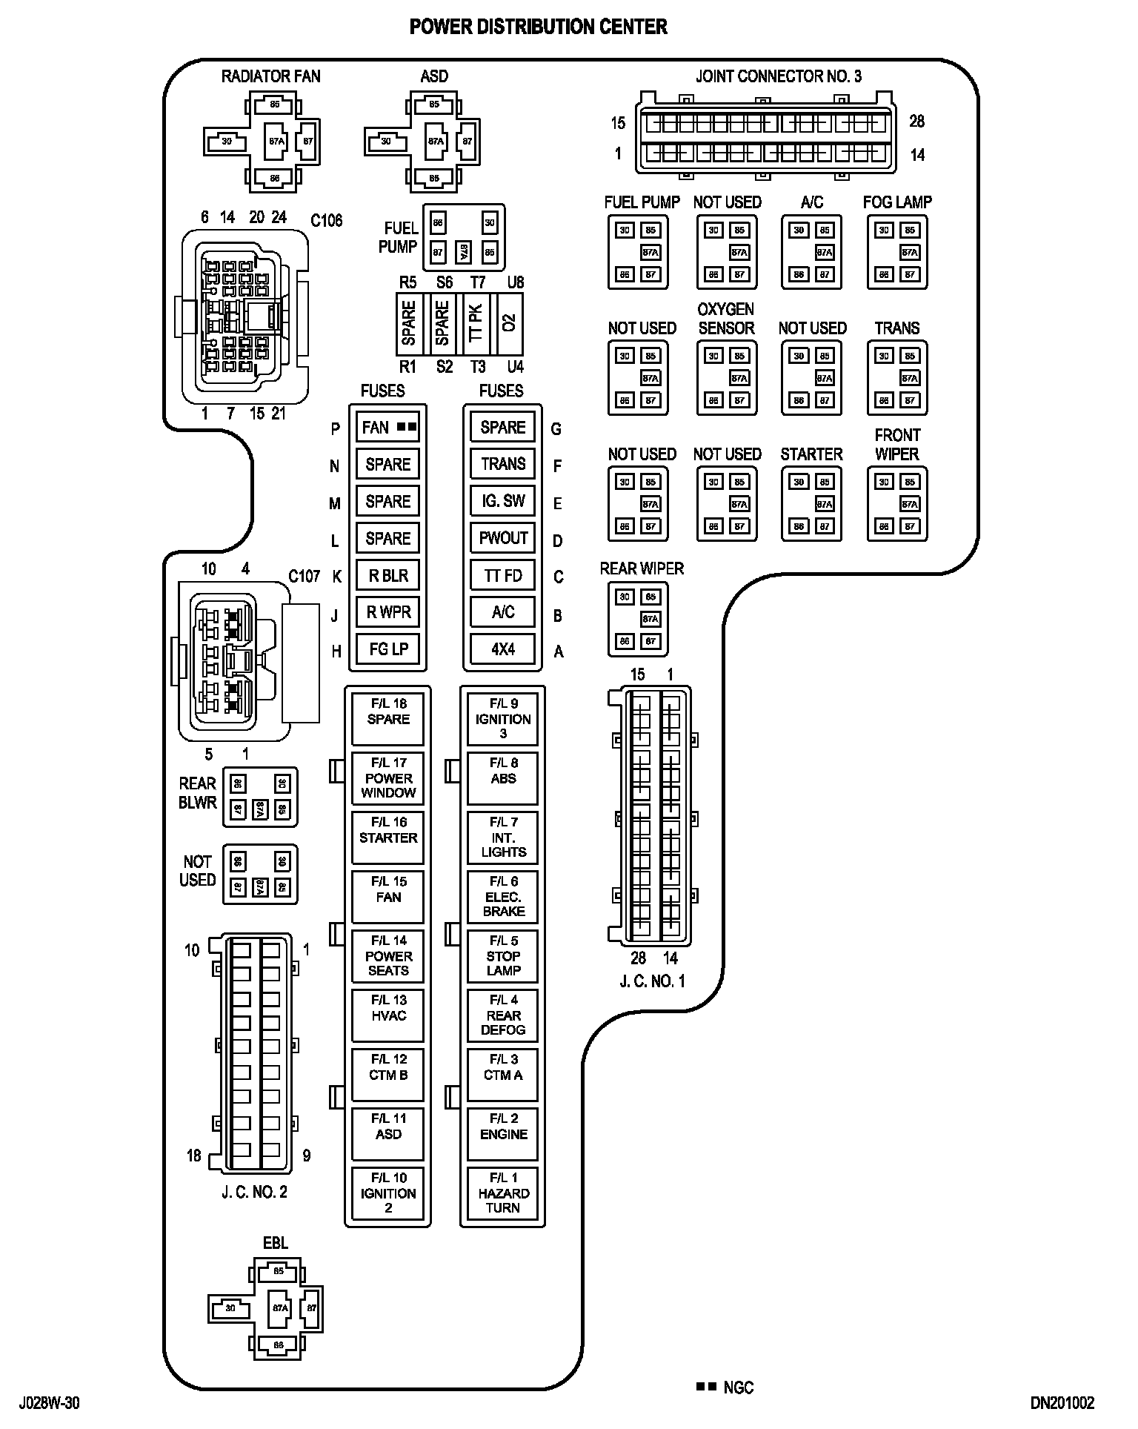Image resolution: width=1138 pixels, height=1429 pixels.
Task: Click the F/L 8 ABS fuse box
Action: (503, 778)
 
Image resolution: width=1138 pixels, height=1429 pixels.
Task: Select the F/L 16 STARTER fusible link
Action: (388, 838)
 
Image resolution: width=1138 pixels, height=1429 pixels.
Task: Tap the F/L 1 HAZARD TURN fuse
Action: (503, 1193)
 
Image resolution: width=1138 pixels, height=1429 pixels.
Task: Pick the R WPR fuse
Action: (388, 612)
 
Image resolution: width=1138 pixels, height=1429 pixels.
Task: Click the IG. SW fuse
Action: (503, 501)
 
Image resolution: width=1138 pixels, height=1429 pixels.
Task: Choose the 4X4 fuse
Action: (503, 649)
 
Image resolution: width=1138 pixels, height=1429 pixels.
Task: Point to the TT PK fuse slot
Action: (476, 324)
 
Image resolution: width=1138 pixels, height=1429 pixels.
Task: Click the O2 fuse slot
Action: (509, 324)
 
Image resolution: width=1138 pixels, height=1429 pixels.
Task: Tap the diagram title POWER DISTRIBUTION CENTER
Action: (539, 27)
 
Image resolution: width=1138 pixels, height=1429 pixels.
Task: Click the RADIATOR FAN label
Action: (271, 76)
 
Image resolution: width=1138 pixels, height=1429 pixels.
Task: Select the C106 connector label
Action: (327, 220)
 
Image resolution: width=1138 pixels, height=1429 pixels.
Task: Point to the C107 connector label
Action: (304, 576)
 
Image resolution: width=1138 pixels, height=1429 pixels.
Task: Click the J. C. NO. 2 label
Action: (254, 1192)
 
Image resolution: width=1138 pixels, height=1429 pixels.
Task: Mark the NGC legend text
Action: (738, 1387)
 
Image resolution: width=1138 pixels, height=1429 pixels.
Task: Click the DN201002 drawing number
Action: (1062, 1402)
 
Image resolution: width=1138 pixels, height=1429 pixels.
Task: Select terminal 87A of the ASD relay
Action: (435, 141)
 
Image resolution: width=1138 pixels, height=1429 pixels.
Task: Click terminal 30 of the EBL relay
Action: (230, 1308)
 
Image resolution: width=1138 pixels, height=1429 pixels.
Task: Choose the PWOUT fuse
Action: (503, 538)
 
